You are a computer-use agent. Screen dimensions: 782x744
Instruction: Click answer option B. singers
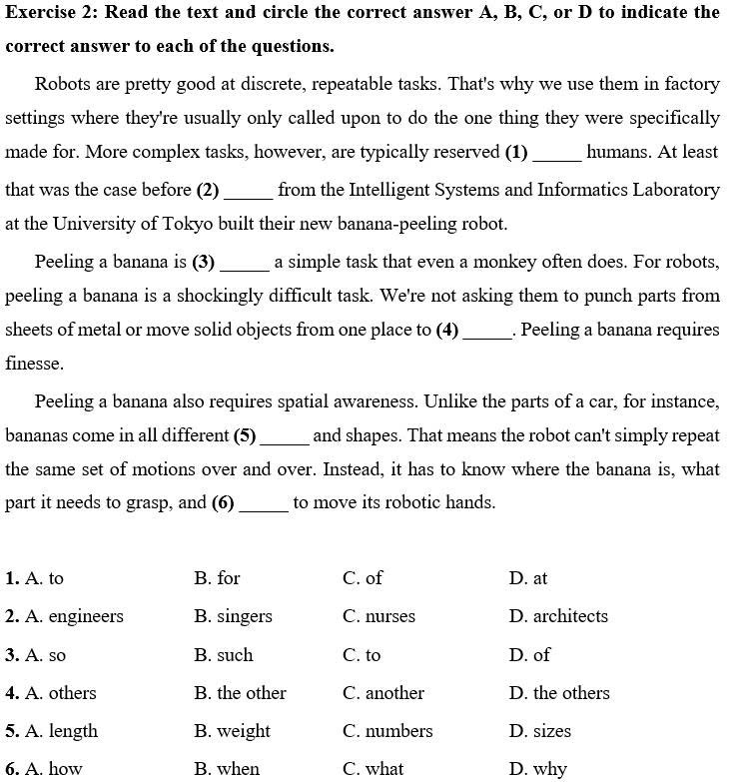pyautogui.click(x=233, y=616)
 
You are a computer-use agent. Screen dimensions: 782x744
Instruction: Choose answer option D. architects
pyautogui.click(x=557, y=616)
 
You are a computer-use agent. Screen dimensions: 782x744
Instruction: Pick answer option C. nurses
pyautogui.click(x=378, y=616)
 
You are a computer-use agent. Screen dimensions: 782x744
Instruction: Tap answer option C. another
pyautogui.click(x=382, y=693)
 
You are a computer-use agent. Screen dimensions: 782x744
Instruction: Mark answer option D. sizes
pyautogui.click(x=539, y=731)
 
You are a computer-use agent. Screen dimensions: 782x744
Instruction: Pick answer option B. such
pyautogui.click(x=224, y=655)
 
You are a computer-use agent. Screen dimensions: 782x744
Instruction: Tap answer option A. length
pyautogui.click(x=62, y=731)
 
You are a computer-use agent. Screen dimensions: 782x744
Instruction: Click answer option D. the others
pyautogui.click(x=558, y=693)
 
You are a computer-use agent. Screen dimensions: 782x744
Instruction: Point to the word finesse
pyautogui.click(x=35, y=365)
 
